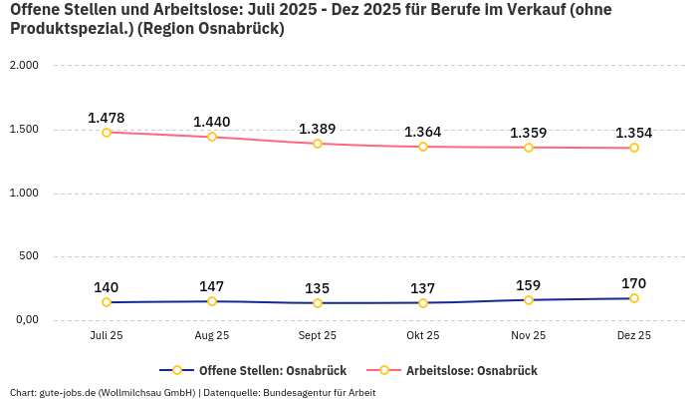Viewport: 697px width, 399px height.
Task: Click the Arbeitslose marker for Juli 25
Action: coord(107,132)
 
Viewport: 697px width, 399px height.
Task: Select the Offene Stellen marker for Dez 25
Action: coord(633,298)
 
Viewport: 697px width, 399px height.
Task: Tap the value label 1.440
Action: coord(211,122)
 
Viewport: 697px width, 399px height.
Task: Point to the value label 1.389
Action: coord(317,129)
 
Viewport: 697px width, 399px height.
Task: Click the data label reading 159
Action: coord(528,284)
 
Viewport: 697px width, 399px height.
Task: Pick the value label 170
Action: coord(633,283)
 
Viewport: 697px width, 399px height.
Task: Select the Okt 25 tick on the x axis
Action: coord(423,336)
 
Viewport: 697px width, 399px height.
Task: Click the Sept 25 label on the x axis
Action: coord(318,336)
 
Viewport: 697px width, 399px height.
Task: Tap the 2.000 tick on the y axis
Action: coord(23,66)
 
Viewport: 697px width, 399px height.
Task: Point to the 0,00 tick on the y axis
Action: coord(25,320)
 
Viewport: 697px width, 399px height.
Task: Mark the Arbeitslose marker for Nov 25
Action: coord(528,148)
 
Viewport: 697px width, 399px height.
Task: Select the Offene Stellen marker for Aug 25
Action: coord(212,301)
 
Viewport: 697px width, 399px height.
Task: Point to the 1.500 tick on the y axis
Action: coord(23,130)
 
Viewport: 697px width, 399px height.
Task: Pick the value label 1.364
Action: coord(422,132)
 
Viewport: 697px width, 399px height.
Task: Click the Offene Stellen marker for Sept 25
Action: coord(318,303)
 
